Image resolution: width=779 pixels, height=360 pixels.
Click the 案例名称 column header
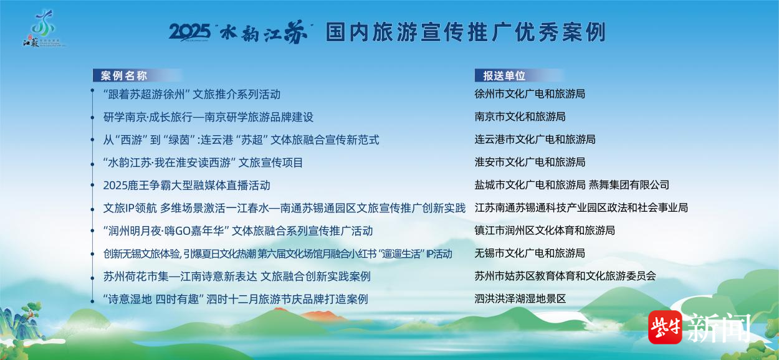pos(124,76)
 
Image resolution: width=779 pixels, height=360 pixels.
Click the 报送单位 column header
pos(504,76)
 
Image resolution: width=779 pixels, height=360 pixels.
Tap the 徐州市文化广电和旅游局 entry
pos(530,94)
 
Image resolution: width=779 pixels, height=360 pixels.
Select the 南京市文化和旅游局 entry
pos(520,116)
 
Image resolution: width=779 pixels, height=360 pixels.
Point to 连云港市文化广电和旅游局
pos(535,140)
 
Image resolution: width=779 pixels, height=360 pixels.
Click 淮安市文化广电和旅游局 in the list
pos(530,162)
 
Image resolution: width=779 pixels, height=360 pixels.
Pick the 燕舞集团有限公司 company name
pos(629,185)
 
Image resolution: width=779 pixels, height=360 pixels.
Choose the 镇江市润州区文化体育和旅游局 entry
pos(545,230)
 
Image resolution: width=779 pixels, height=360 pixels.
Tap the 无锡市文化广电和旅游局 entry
pos(530,253)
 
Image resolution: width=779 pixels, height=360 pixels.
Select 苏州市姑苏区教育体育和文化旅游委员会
pos(565,276)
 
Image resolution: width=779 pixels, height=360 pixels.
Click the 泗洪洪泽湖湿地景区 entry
pos(520,298)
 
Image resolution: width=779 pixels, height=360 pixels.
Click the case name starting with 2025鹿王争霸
pos(187,185)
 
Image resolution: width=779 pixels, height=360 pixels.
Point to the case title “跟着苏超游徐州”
pos(191,94)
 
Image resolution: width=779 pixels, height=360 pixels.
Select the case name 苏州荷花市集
pos(237,277)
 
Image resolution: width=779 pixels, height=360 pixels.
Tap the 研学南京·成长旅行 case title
pos(208,117)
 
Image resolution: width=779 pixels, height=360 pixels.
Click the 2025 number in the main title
pos(190,32)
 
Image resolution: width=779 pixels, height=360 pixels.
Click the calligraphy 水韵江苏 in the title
pos(264,32)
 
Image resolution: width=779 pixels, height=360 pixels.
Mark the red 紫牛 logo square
pos(665,327)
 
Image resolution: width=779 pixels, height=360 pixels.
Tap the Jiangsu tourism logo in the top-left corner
pos(42,29)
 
